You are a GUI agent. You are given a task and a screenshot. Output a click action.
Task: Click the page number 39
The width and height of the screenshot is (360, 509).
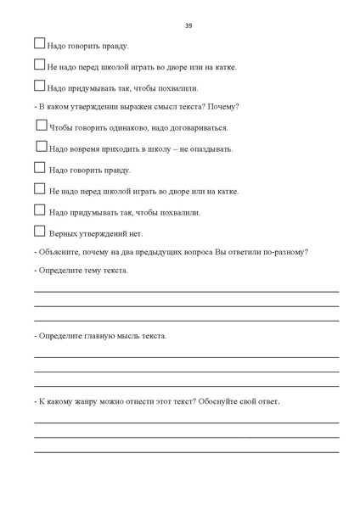point(188,25)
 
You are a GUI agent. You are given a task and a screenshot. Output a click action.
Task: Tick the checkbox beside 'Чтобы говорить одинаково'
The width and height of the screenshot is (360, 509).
point(42,126)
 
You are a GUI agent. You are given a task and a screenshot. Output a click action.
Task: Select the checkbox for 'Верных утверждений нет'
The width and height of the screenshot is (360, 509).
point(39,231)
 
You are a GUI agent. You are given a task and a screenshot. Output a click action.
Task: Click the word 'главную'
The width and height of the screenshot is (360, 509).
point(99,336)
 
